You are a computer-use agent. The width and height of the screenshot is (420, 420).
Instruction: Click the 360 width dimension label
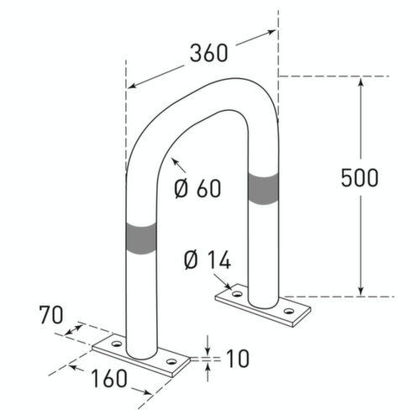click(209, 53)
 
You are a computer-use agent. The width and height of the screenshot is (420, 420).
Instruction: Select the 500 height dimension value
click(360, 177)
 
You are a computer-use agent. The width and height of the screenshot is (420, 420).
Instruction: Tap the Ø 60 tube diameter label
click(197, 188)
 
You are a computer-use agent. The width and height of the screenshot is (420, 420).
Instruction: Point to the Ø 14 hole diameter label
click(207, 260)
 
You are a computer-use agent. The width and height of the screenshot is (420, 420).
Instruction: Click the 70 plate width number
click(51, 315)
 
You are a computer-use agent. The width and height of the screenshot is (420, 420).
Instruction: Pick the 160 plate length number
click(109, 378)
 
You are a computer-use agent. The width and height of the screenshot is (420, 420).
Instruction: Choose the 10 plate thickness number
click(238, 358)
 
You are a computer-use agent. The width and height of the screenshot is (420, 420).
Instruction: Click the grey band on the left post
click(141, 239)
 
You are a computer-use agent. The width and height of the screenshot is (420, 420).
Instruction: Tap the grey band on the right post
click(263, 188)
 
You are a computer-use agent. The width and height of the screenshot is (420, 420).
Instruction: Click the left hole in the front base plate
click(117, 344)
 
